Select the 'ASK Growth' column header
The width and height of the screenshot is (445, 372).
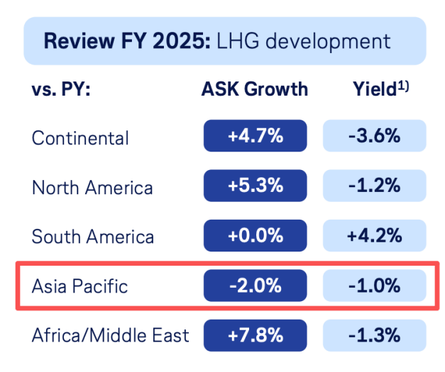pos(255,89)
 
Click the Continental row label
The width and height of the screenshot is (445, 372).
pos(80,137)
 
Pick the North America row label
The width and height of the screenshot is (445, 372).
pos(92,187)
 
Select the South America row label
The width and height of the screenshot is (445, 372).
pos(93,236)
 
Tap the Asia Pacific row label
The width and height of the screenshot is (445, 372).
pos(79,286)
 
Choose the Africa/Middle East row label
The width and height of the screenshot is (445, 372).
pos(111,334)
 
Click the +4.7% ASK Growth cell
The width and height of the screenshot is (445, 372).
pos(255,137)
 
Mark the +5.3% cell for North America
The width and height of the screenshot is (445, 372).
pos(255,186)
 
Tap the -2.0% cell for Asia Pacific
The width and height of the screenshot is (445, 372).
pos(255,286)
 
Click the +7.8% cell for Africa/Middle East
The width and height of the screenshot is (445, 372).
pos(255,334)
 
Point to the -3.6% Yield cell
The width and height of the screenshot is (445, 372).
pos(374,137)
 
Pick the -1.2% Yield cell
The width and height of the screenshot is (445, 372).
pos(374,186)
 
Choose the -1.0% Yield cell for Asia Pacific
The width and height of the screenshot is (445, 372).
pos(374,286)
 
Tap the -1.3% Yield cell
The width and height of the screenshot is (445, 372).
pos(374,334)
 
